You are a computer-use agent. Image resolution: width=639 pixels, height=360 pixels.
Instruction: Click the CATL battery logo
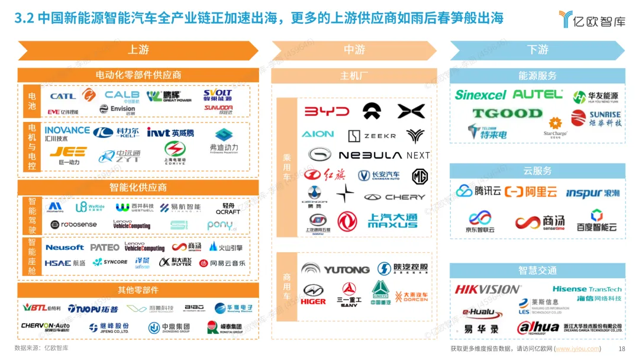pos(63,96)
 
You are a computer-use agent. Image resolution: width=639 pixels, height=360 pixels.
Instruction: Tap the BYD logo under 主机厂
pos(327,112)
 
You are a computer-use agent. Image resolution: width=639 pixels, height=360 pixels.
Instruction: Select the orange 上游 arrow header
pos(138,50)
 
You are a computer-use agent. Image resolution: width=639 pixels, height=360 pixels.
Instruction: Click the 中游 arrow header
pos(354,50)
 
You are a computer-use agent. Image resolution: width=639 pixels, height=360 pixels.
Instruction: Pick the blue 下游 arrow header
pos(537,50)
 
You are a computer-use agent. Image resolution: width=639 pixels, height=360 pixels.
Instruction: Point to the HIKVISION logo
pos(488,290)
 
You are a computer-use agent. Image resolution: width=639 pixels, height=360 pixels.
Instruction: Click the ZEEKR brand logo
pos(372,136)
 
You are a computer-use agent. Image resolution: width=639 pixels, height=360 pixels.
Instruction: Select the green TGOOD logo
pos(506,113)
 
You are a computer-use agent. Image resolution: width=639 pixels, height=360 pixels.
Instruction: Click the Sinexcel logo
pos(480,95)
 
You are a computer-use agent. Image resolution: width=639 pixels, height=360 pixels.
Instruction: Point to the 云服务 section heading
pos(537,171)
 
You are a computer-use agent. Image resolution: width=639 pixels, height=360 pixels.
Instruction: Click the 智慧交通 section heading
pos(537,271)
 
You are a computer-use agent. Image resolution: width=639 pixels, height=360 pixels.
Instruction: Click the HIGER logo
pos(313,294)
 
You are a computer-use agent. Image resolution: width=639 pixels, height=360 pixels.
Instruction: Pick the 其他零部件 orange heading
pos(138,290)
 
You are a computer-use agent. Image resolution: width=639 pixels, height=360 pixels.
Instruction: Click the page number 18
pos(621,349)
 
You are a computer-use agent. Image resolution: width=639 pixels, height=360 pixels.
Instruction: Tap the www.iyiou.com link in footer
pos(577,349)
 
